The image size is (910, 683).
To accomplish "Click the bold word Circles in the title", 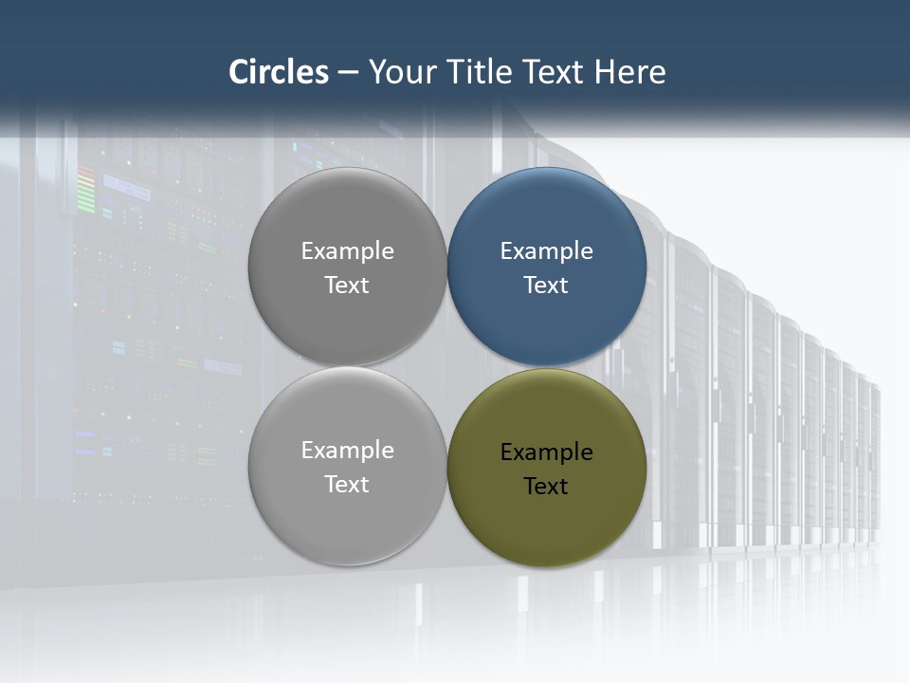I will tap(279, 72).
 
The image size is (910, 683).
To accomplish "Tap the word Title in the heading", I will tap(477, 72).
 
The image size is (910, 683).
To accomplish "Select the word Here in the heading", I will tap(629, 72).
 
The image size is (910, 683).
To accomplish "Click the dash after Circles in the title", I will tap(347, 72).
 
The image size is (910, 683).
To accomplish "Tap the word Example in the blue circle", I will tap(546, 251).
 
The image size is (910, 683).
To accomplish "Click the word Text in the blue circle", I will tap(546, 286).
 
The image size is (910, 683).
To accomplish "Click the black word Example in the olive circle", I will tap(546, 452).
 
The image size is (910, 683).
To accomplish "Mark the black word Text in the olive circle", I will tap(546, 487).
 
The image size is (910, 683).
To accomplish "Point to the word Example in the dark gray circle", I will tap(347, 251).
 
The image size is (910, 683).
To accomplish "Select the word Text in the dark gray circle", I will tap(347, 286).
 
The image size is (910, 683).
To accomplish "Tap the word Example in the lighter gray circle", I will tap(347, 451).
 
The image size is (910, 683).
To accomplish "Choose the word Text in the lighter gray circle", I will tap(347, 485).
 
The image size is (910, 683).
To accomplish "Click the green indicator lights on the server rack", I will tap(86, 190).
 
